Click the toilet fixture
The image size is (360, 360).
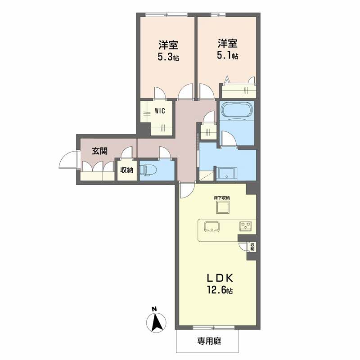coord(148,170)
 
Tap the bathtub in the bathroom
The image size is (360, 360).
coord(237,110)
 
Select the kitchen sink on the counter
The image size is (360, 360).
coord(211,226)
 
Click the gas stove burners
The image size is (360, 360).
coord(245,226)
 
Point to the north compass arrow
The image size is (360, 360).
coord(156,322)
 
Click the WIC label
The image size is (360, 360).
coord(160,111)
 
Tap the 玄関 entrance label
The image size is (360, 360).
coord(99,151)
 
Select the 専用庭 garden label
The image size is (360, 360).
coord(209,341)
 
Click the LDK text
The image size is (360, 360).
coord(220,278)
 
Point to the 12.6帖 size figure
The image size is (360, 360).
coord(220,290)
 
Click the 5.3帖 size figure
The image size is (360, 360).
coord(168,57)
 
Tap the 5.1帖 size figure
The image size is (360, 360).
coord(227,55)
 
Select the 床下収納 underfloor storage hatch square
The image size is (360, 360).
coord(222,207)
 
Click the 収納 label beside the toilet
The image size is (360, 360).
coord(127,170)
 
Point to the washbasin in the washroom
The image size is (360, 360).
coord(227,174)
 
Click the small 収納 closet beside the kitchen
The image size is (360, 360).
coord(252,247)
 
